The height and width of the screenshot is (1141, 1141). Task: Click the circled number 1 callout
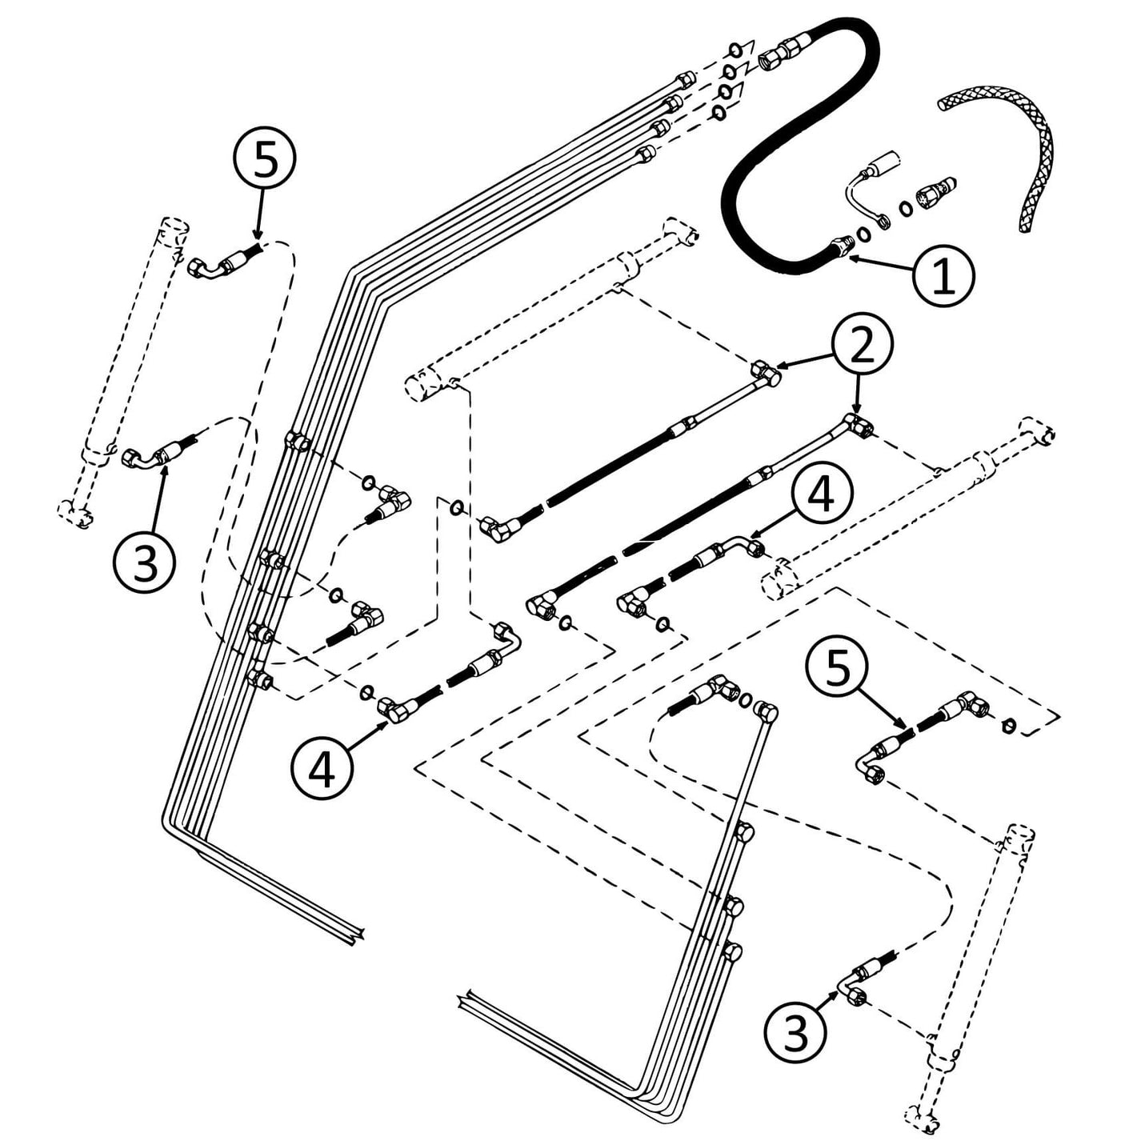click(944, 276)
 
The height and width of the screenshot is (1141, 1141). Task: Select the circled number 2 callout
click(862, 344)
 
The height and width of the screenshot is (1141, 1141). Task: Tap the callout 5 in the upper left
click(265, 161)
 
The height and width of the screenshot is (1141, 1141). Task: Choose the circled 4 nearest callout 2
click(821, 494)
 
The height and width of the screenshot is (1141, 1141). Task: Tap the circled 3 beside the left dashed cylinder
click(144, 562)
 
